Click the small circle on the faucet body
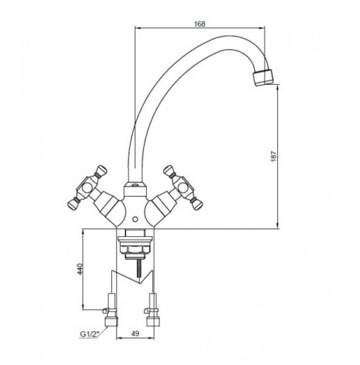(x=135, y=219)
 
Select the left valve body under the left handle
(x=107, y=206)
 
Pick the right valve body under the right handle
(x=163, y=206)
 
